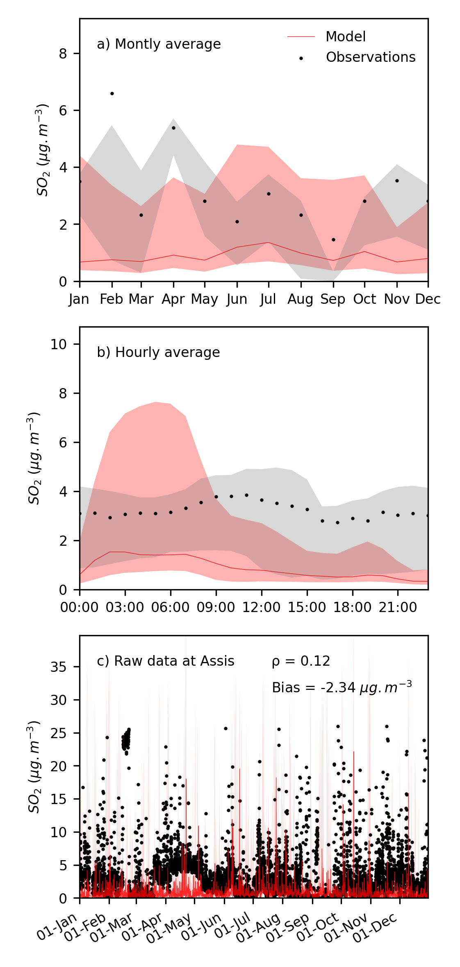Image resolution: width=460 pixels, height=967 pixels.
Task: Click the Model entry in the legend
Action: [x=345, y=37]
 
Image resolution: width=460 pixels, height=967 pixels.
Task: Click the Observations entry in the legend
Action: [x=370, y=57]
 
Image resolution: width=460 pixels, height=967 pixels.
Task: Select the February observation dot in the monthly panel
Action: [x=112, y=94]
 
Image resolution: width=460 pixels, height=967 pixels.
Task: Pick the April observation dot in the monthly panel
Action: [x=173, y=128]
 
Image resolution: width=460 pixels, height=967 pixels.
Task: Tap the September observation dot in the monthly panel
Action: [x=333, y=240]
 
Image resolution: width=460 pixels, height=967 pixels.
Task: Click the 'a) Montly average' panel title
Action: [x=159, y=44]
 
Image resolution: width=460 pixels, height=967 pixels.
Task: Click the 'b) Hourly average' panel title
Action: [x=158, y=352]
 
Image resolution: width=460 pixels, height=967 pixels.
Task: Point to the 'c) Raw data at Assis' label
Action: [x=165, y=661]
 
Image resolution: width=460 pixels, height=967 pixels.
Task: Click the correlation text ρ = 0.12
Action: [x=301, y=661]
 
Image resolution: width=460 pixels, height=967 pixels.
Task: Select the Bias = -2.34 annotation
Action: [x=342, y=687]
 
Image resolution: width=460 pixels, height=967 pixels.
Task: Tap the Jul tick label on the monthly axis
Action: [x=268, y=299]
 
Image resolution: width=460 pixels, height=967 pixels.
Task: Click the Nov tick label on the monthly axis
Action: [x=397, y=299]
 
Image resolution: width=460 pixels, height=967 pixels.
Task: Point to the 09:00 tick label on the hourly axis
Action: [x=216, y=608]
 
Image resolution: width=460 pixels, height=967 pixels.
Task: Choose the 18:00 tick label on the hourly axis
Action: [x=352, y=608]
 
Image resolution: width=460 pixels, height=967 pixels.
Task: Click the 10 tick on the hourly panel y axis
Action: [x=59, y=344]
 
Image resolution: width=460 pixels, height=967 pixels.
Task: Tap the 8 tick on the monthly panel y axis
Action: [x=63, y=54]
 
